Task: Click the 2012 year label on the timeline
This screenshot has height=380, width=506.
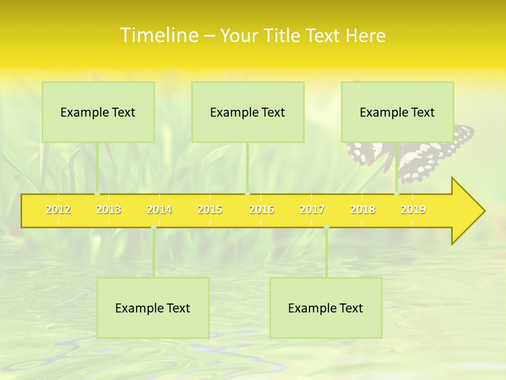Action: (58, 210)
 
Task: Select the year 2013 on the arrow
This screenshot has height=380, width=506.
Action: (109, 210)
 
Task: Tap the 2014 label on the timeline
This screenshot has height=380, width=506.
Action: (159, 210)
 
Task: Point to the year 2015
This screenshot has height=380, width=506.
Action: (210, 210)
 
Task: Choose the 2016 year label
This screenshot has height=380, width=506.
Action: (261, 210)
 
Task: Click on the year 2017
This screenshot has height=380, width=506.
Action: (312, 210)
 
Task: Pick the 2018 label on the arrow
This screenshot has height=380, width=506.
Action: (363, 210)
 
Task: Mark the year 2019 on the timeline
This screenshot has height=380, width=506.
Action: (413, 210)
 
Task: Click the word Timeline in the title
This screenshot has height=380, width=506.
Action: (158, 35)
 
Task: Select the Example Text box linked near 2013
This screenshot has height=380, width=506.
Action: (98, 112)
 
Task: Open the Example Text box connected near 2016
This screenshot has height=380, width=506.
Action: (248, 112)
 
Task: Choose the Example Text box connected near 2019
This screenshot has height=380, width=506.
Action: (397, 112)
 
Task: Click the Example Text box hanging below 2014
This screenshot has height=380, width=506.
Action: (153, 308)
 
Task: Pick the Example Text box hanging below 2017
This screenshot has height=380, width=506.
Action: (326, 308)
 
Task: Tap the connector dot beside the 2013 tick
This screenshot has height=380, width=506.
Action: (98, 194)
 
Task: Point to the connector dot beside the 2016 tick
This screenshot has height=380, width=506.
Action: (247, 194)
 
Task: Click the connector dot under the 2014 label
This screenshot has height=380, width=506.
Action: (153, 227)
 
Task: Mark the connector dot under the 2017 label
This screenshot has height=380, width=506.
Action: (326, 227)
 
